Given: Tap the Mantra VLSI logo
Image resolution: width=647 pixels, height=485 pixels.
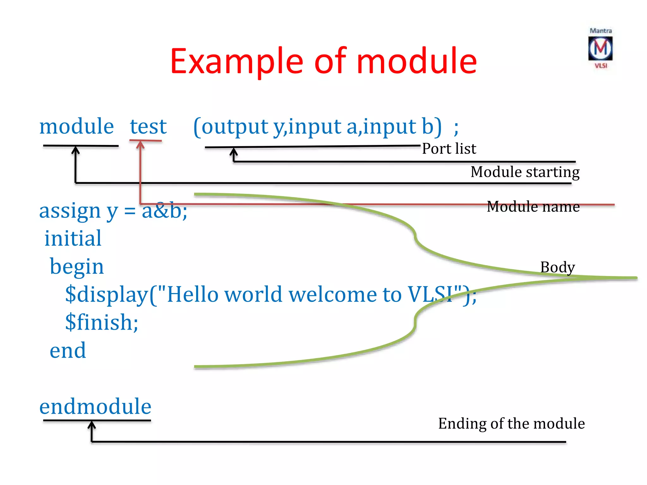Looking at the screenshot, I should click(600, 49).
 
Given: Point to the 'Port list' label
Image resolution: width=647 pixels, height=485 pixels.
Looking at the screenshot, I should click(449, 148).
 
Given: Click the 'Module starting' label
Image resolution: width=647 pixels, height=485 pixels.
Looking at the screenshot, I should click(525, 172).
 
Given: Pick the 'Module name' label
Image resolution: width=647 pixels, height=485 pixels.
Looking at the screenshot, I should click(533, 207).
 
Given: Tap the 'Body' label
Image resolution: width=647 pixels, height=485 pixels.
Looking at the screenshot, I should click(557, 267).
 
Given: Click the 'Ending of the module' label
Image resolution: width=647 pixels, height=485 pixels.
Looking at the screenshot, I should click(511, 423).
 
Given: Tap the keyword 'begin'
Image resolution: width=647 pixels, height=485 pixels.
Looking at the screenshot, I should click(77, 266).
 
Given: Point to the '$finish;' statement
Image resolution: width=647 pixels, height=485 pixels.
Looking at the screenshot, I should click(102, 322).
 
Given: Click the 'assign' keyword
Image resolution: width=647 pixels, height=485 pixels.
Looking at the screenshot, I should click(70, 211).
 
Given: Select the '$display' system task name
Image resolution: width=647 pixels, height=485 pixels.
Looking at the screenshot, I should click(107, 294).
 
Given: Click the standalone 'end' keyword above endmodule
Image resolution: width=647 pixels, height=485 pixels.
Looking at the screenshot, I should click(68, 350).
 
